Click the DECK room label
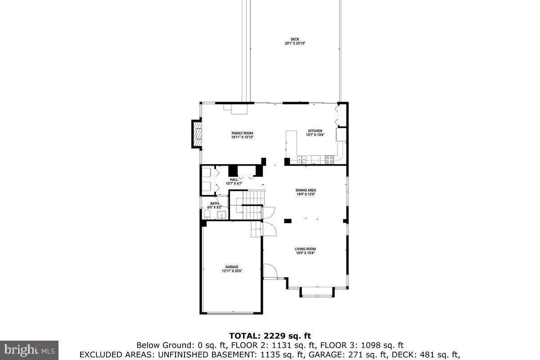coord(295,39)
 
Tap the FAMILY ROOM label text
coord(242,133)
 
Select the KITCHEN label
coord(315,131)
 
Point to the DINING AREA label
coord(306,190)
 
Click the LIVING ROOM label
coord(305,249)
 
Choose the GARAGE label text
coord(232,267)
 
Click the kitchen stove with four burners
coord(329,158)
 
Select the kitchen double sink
coord(301,158)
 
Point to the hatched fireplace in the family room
coord(197,134)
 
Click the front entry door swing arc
coord(270,270)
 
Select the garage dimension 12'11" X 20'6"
coord(232,271)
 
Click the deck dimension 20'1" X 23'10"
coord(295,43)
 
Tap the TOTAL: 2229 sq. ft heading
coord(270,336)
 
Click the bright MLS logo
coord(29,350)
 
